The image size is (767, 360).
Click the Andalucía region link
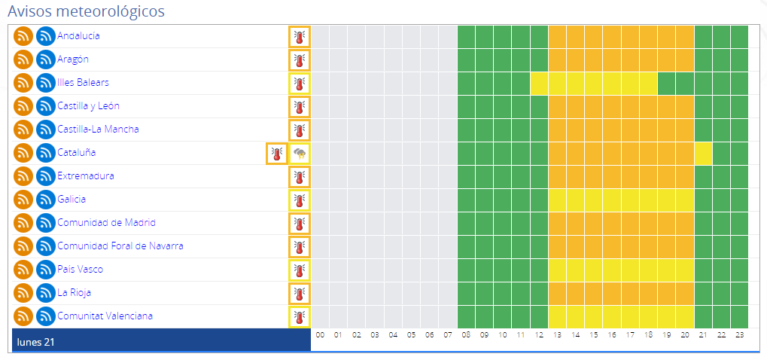(x=78, y=35)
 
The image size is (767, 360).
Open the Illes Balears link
(x=83, y=82)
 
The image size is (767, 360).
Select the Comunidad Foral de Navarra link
(x=120, y=246)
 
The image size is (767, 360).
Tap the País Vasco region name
(x=80, y=269)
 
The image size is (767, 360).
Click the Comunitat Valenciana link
(x=105, y=316)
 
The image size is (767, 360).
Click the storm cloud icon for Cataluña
(x=300, y=154)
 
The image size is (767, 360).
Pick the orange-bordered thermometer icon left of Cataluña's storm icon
(x=277, y=154)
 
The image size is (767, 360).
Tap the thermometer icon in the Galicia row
(x=300, y=200)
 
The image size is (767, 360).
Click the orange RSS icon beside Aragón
(x=23, y=59)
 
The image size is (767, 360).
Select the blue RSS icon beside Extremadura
(x=46, y=176)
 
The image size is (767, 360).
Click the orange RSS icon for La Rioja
(x=23, y=292)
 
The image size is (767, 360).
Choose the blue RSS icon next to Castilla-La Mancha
(x=46, y=130)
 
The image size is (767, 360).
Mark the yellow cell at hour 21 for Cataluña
(x=703, y=154)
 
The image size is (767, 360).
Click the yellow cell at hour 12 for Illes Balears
(x=539, y=83)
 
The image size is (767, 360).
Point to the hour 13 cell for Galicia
(x=557, y=200)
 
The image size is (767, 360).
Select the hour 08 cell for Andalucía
(x=466, y=36)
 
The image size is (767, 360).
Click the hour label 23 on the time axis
(x=739, y=334)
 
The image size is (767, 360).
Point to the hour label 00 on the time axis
(x=320, y=334)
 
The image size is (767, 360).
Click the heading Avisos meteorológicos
(x=87, y=11)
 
